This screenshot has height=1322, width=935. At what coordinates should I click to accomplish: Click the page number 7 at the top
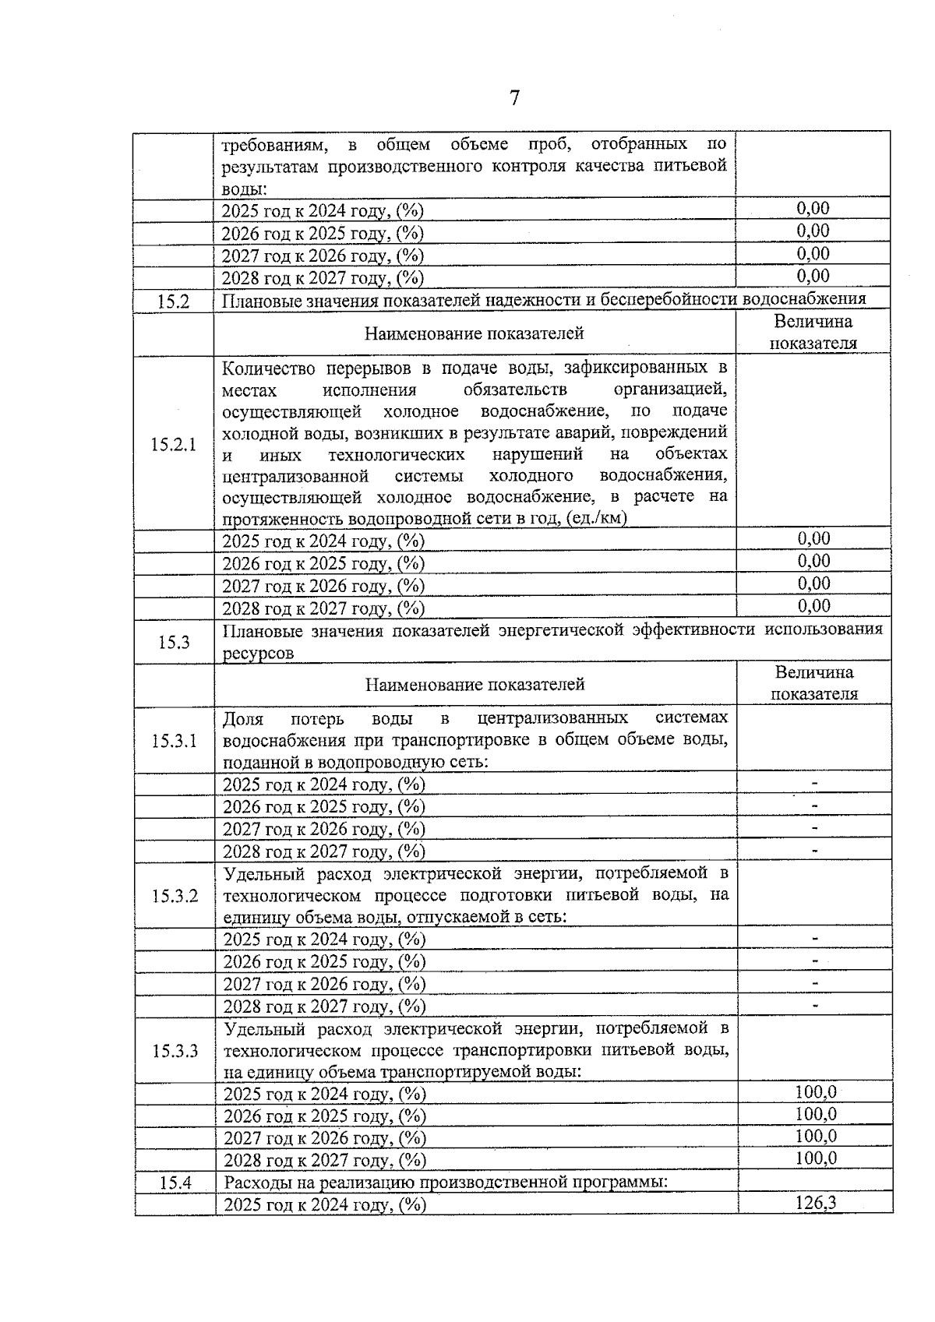click(x=514, y=98)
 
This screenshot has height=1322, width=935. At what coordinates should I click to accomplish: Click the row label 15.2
click(x=173, y=301)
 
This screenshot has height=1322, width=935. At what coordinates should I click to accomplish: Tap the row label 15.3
click(x=174, y=643)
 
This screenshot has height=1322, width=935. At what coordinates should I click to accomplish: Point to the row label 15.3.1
click(x=175, y=741)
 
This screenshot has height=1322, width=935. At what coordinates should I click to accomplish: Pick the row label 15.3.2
click(x=175, y=896)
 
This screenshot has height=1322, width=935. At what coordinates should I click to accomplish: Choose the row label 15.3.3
click(x=175, y=1052)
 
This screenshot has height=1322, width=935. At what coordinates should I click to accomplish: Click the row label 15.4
click(x=175, y=1183)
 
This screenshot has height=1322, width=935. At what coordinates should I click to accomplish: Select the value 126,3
click(x=815, y=1203)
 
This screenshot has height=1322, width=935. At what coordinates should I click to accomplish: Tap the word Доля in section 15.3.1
click(x=242, y=718)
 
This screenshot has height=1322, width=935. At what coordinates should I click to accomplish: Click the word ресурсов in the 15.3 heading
click(x=258, y=654)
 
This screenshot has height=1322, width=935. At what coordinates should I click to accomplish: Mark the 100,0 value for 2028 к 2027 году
click(x=815, y=1158)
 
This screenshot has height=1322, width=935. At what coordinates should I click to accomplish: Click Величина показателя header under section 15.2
click(x=813, y=333)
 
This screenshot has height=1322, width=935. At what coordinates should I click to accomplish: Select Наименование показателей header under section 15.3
click(x=475, y=685)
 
